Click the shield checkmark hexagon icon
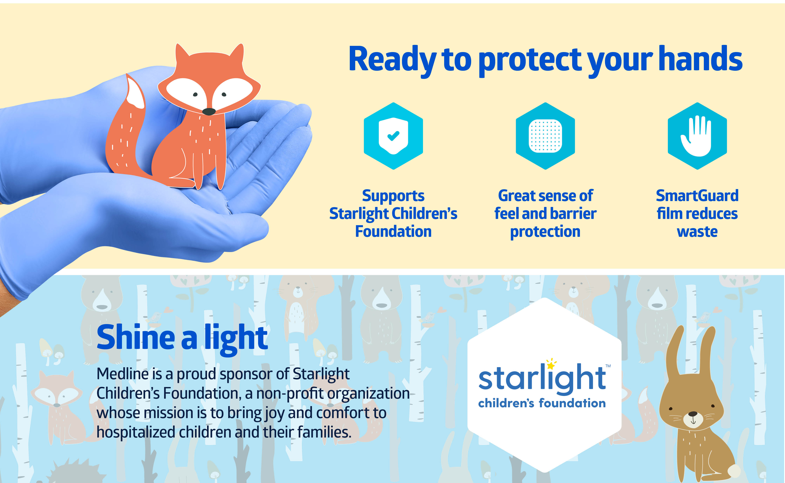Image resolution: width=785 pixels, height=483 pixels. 393,136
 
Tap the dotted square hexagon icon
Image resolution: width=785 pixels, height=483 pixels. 545,136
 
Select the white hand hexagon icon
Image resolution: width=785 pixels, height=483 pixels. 697,136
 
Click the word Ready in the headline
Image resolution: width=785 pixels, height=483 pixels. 392,60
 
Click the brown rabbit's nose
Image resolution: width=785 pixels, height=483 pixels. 693,414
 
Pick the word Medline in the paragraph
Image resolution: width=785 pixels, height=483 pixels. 122,374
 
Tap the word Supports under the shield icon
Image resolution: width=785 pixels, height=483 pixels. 393,196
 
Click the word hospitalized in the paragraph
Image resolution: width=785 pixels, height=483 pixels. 136,432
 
